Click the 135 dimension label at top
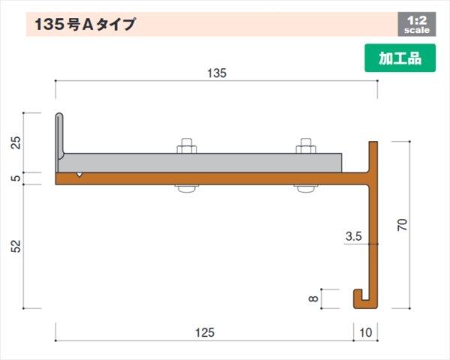coord(215,73)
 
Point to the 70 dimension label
coord(403,224)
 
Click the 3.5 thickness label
coord(354,237)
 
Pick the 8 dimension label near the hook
coord(312,298)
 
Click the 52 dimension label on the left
coord(16,245)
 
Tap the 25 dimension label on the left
coord(16,142)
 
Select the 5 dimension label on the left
coord(16,178)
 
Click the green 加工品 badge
coord(400,58)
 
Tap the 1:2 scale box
coord(415,25)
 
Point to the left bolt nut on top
coord(186,147)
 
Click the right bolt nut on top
coord(306,147)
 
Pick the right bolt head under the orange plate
coord(306,188)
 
